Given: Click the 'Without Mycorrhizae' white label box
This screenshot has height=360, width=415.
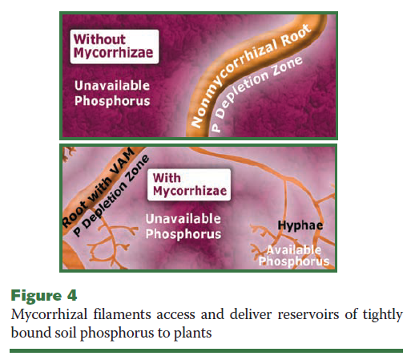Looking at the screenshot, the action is [115, 47].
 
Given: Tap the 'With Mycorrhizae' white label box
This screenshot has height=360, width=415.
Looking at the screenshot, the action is [189, 184].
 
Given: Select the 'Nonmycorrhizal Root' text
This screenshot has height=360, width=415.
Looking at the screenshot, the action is [251, 75].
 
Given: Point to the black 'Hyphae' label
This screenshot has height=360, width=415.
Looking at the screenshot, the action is [300, 225].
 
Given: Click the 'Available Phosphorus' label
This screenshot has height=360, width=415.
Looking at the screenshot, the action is [294, 256].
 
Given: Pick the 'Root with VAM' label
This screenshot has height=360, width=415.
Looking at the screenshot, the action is [99, 187].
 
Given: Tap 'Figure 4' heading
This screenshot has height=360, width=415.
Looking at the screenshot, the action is [44, 296].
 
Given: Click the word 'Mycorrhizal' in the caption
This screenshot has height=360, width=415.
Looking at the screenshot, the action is [49, 314].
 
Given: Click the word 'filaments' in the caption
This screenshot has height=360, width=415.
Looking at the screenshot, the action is [122, 314].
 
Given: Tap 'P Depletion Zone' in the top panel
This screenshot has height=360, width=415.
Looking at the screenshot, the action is [257, 94].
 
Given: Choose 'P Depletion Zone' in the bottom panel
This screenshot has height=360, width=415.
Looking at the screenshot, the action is [111, 196].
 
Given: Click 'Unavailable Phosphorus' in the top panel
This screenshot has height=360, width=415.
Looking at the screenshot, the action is [112, 93].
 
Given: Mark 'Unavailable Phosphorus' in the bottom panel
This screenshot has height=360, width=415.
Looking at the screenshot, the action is [183, 226].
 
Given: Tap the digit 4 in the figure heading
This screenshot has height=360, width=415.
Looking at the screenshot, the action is [72, 296].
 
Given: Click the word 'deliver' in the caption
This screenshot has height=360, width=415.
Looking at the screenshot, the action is [251, 314].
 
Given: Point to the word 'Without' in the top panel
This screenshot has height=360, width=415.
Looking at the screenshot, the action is [99, 39].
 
